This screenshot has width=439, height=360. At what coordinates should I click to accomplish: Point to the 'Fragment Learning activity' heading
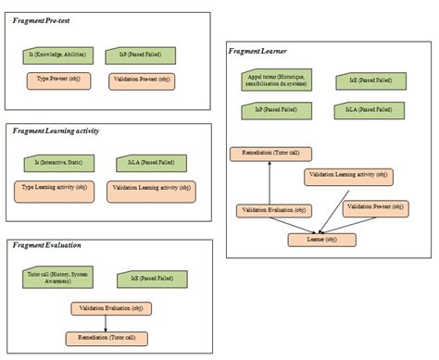[x=57, y=131]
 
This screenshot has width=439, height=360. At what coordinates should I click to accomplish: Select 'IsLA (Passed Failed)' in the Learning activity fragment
[x=138, y=163]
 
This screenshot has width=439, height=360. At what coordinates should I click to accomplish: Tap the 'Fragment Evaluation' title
[x=47, y=246]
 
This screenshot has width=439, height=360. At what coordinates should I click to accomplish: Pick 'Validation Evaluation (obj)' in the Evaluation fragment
[x=110, y=307]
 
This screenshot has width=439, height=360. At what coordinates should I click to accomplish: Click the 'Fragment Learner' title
[x=260, y=51]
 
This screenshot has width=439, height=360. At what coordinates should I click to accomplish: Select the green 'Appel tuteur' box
[x=272, y=81]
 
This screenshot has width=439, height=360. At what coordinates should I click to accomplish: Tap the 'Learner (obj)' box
[x=318, y=240]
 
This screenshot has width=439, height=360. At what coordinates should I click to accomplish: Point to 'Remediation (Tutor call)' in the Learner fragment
[x=271, y=153]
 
